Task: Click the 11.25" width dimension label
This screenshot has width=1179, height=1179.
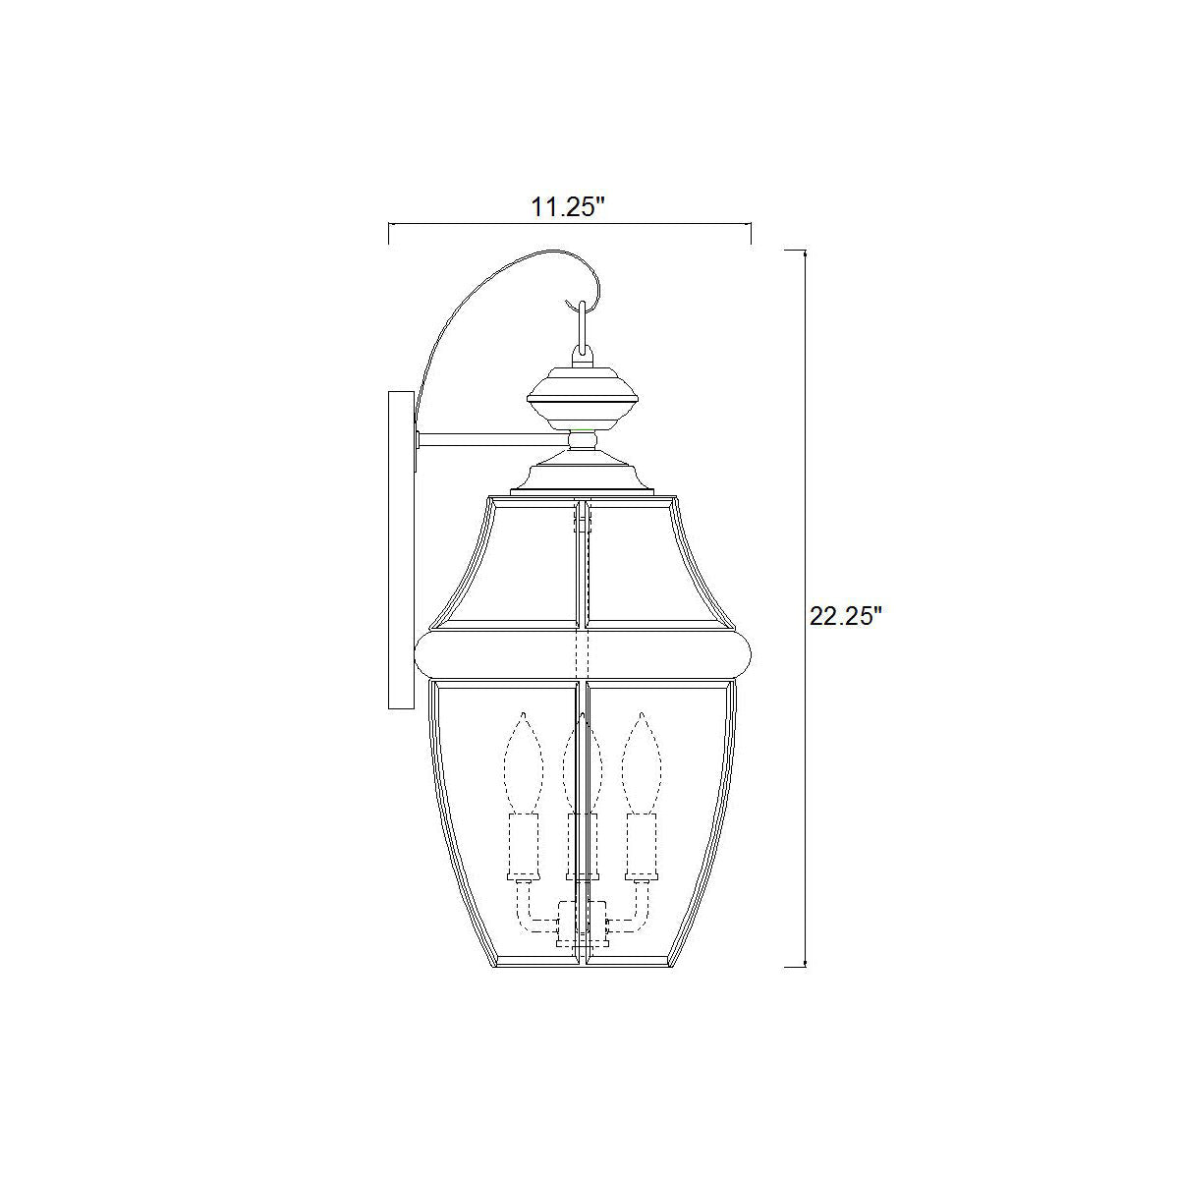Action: coord(562,206)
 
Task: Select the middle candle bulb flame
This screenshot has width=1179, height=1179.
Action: coord(582,763)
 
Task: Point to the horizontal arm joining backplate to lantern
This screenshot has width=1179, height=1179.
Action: coord(493,439)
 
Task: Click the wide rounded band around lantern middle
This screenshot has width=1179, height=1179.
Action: coord(583,654)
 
